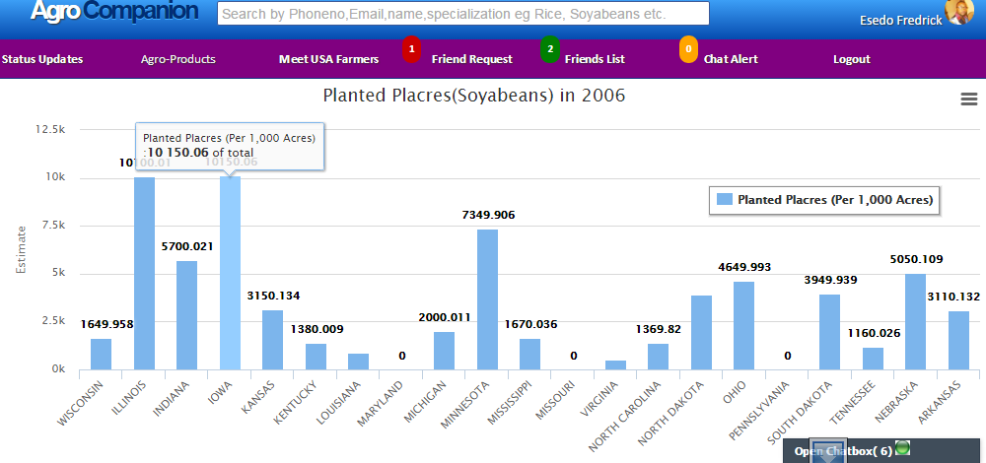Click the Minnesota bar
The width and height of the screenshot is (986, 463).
(487, 299)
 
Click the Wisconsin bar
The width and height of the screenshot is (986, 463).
(102, 354)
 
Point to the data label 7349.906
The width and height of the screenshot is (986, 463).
(488, 215)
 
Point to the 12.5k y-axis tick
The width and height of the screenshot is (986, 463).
(49, 129)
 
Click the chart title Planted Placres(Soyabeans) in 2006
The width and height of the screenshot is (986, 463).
(474, 97)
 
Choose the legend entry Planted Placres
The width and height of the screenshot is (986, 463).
(824, 200)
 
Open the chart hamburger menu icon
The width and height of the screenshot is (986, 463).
(968, 99)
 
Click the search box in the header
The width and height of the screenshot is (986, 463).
(463, 14)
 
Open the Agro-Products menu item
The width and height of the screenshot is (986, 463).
(178, 59)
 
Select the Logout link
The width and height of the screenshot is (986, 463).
(851, 59)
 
